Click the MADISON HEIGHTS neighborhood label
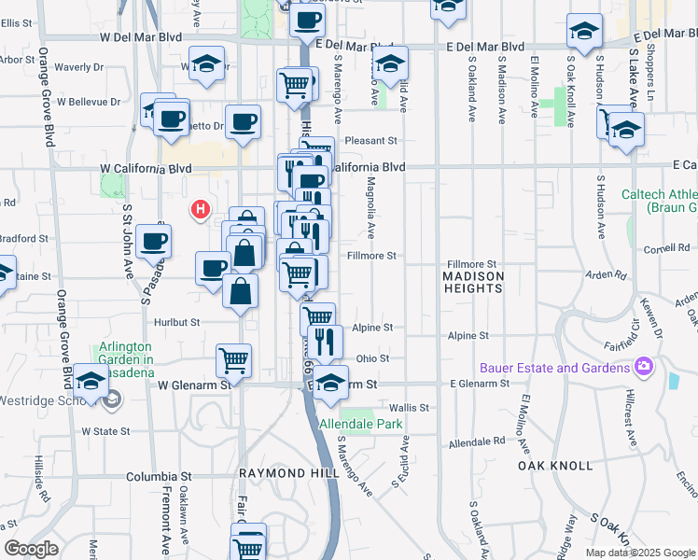click(x=473, y=282)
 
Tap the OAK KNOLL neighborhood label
click(x=555, y=465)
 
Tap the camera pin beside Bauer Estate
click(x=643, y=366)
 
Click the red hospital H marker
click(x=200, y=209)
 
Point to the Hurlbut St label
click(x=176, y=322)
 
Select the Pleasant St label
click(x=371, y=141)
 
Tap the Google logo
click(x=31, y=549)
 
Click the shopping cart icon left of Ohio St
click(x=233, y=358)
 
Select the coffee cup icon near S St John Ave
click(x=153, y=240)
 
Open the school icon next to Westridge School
click(x=91, y=381)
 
